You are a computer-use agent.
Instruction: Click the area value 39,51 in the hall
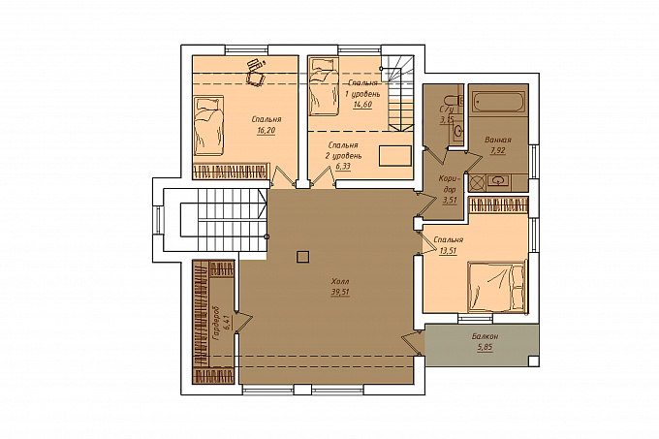tap(340, 292)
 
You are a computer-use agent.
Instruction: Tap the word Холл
tap(340, 281)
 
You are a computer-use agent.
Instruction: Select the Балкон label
tap(485, 336)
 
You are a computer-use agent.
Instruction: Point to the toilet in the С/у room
tap(454, 101)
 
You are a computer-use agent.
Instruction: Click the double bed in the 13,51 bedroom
tap(497, 287)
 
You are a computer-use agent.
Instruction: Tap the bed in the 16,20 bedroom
tap(209, 126)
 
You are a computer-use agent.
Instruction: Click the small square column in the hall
tap(302, 256)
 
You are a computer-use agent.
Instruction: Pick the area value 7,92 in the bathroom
tap(497, 150)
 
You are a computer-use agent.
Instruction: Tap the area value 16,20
tap(267, 130)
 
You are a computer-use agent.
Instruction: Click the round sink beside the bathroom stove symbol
tap(498, 181)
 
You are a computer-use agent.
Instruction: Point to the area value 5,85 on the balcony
tap(485, 347)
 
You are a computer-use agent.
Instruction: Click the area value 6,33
tap(343, 167)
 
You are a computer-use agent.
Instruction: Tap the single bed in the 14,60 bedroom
tap(324, 86)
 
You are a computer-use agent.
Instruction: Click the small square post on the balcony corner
tap(533, 361)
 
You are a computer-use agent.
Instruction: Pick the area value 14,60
tap(362, 105)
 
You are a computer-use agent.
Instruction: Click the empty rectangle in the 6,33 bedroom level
tap(395, 156)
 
